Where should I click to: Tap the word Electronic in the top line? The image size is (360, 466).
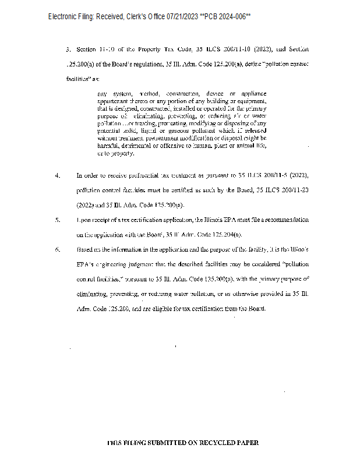pos(65,17)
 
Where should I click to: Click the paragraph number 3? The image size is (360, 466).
pos(68,49)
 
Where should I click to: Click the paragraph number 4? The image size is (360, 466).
pos(57,175)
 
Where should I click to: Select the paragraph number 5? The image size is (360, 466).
pos(57,220)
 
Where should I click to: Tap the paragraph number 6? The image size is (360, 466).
pos(57,249)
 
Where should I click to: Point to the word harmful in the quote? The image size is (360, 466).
pos(108,146)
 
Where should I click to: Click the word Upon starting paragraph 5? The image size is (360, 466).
pos(84,220)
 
